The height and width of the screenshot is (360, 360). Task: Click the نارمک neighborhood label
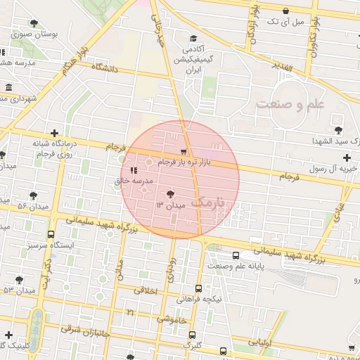pyautogui.click(x=210, y=202)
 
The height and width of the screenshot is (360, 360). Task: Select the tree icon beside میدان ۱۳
pyautogui.click(x=170, y=193)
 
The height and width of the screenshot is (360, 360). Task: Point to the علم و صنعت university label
pyautogui.click(x=290, y=105)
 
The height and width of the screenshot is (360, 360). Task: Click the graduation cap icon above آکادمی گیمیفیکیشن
pyautogui.click(x=193, y=39)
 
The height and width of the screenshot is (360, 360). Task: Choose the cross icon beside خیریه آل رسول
pyautogui.click(x=347, y=157)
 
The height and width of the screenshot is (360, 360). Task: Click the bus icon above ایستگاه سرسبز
pyautogui.click(x=50, y=235)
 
